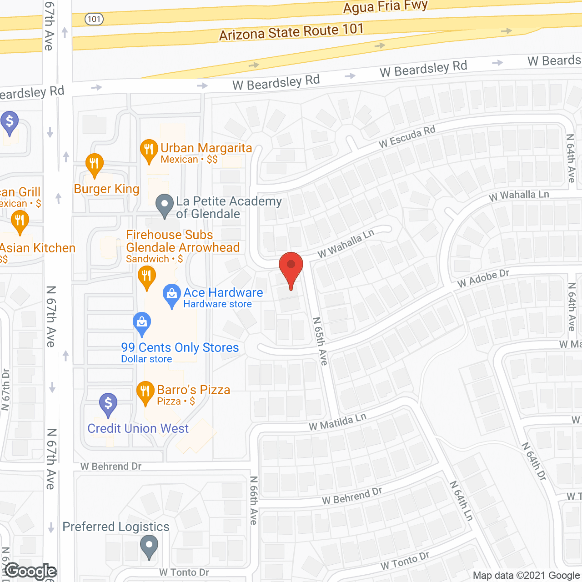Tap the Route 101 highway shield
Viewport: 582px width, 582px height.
(94, 19)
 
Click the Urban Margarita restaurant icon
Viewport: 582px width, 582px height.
(149, 150)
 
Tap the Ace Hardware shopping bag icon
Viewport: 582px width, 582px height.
(172, 295)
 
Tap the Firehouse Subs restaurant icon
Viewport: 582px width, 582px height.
(146, 277)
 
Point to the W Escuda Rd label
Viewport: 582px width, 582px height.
(407, 137)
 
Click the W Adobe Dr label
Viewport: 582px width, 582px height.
(483, 278)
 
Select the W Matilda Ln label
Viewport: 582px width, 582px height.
(338, 422)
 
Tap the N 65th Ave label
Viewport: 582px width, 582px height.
(320, 341)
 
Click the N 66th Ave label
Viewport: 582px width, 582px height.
(254, 500)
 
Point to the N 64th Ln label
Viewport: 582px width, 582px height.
(462, 501)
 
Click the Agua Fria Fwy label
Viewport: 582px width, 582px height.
(386, 7)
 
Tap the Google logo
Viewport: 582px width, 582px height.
(31, 571)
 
